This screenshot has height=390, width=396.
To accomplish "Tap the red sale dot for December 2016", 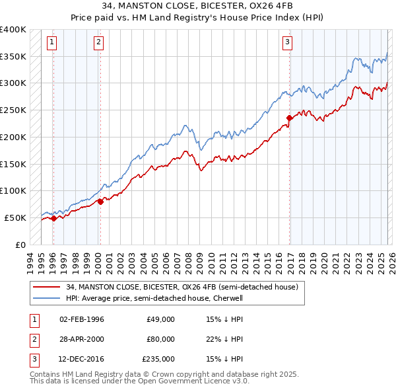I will [x=289, y=118].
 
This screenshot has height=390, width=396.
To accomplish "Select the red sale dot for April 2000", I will [x=100, y=202].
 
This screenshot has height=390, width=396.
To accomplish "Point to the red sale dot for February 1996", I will [x=53, y=218].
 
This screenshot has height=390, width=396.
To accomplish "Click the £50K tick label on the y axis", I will [x=15, y=217].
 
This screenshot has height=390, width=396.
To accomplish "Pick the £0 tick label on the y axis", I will [x=20, y=245].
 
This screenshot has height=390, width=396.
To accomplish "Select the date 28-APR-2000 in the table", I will [x=82, y=339].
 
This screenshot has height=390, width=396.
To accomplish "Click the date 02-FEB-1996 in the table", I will [x=82, y=319].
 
